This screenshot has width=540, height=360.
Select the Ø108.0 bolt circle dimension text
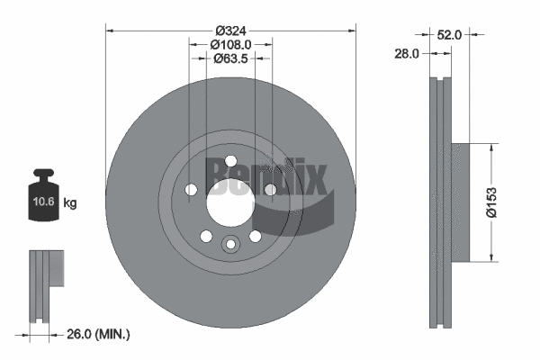(230, 43)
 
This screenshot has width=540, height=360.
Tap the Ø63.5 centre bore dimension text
(230, 59)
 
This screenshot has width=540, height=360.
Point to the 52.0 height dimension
(450, 35)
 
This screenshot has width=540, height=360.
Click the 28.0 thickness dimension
(408, 55)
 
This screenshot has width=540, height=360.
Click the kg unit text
(70, 203)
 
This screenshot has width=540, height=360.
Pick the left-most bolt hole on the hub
(191, 190)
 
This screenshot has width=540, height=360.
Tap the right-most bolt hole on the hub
(270, 189)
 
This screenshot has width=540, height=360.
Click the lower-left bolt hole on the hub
(206, 235)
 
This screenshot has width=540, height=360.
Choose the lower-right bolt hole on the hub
(255, 235)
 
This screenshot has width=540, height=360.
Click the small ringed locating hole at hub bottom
(230, 244)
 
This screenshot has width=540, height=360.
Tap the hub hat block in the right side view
(459, 203)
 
